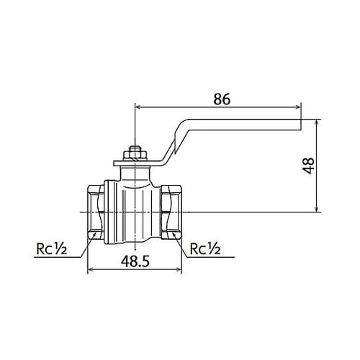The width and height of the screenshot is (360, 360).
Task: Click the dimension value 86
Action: tap(222, 99)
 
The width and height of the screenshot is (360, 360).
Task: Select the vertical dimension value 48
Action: tap(308, 166)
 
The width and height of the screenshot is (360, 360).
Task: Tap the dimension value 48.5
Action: tap(135, 261)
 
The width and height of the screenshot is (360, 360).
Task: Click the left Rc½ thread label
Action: tap(51, 249)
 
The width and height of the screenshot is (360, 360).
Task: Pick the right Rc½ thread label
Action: tap(205, 249)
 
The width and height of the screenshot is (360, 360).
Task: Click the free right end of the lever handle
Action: tap(301, 125)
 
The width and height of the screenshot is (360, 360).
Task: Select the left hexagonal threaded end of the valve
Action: tap(96, 212)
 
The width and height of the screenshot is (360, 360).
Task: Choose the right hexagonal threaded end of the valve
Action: tap(171, 212)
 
